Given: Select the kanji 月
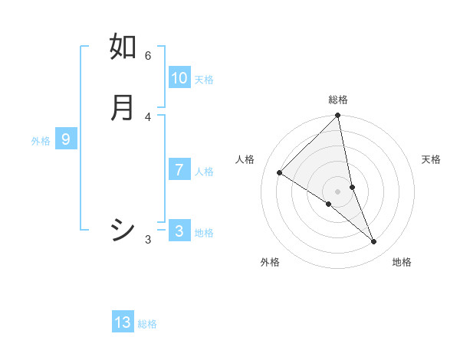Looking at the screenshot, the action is [123, 107].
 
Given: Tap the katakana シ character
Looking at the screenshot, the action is [123, 230].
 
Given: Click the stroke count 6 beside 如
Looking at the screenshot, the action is [148, 55].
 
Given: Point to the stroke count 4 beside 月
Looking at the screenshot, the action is [148, 116].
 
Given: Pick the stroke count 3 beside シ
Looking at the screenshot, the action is [148, 240].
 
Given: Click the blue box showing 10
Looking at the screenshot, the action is [179, 78].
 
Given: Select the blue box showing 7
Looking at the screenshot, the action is [179, 170].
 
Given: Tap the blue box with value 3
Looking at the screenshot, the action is [179, 231].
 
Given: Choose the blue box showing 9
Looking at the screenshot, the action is [66, 139].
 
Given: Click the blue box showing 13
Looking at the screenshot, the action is [123, 322].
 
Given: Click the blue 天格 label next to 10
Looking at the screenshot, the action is [204, 80].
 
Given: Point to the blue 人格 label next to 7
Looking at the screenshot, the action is [204, 172].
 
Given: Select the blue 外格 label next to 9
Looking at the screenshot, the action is [41, 141].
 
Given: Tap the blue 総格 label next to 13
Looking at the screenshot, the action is [147, 324].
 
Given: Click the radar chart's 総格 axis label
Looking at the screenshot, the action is [338, 100].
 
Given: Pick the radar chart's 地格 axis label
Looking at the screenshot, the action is [402, 262].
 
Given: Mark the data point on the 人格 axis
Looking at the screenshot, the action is [280, 172].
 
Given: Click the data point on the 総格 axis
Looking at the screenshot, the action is [338, 116].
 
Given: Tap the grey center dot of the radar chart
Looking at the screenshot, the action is [338, 191].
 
